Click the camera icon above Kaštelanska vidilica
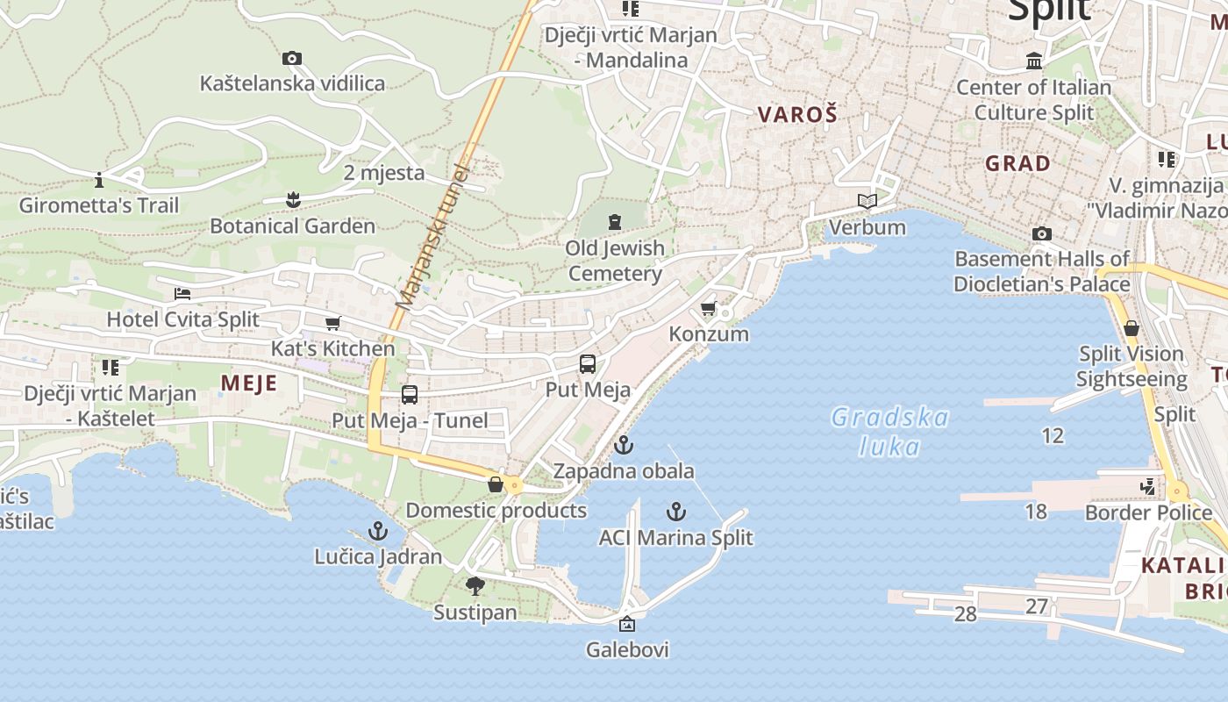tap(292, 59)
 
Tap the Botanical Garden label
tap(292, 226)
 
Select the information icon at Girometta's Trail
tap(99, 180)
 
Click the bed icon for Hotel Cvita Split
tap(182, 293)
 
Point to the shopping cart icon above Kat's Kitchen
tap(332, 323)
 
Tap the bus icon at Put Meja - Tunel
tap(410, 395)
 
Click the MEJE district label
tap(249, 383)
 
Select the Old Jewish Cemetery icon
tap(615, 222)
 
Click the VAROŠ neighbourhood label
tap(797, 114)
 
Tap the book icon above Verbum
tap(867, 202)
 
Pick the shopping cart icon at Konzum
tap(709, 309)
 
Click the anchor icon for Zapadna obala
tap(623, 445)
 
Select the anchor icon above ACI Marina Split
tap(675, 512)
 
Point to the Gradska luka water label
tap(889, 432)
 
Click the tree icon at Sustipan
tap(475, 586)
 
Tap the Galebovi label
tap(627, 649)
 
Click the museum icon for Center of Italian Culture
tap(1034, 61)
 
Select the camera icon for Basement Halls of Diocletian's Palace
tap(1041, 233)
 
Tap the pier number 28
tap(965, 614)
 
